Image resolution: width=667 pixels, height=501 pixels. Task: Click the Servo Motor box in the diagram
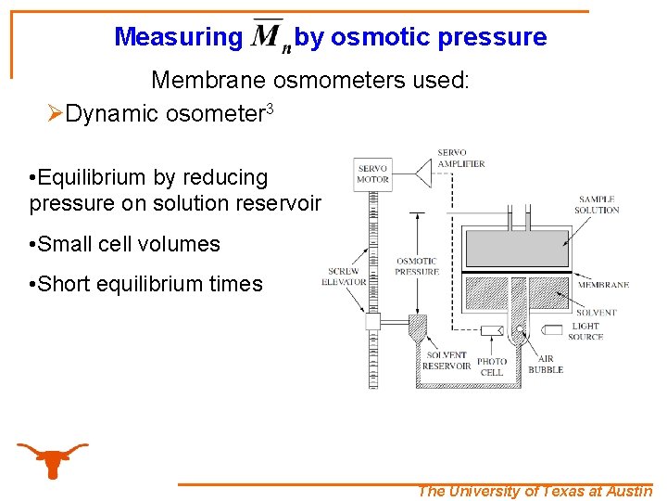pyautogui.click(x=372, y=174)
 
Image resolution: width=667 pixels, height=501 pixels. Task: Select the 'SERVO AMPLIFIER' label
pyautogui.click(x=460, y=158)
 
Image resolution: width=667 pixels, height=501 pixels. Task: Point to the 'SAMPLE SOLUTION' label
pyautogui.click(x=597, y=204)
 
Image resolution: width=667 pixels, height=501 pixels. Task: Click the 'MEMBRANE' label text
pyautogui.click(x=603, y=285)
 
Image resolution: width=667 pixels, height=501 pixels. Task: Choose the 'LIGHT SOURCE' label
pyautogui.click(x=585, y=331)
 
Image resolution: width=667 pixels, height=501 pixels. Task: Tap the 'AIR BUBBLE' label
pyautogui.click(x=546, y=363)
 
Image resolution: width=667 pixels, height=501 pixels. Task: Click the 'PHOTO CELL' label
pyautogui.click(x=492, y=366)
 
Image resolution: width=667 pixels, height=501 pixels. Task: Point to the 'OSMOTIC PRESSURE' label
pyautogui.click(x=417, y=266)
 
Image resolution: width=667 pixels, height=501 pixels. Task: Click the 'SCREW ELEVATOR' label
pyautogui.click(x=345, y=276)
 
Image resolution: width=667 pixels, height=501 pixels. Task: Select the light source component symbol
pyautogui.click(x=552, y=329)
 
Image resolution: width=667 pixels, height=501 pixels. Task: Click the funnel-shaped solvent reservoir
pyautogui.click(x=418, y=327)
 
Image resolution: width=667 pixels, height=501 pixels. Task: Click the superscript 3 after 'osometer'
pyautogui.click(x=269, y=109)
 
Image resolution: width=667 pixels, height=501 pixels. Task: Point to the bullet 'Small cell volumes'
pyautogui.click(x=125, y=244)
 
